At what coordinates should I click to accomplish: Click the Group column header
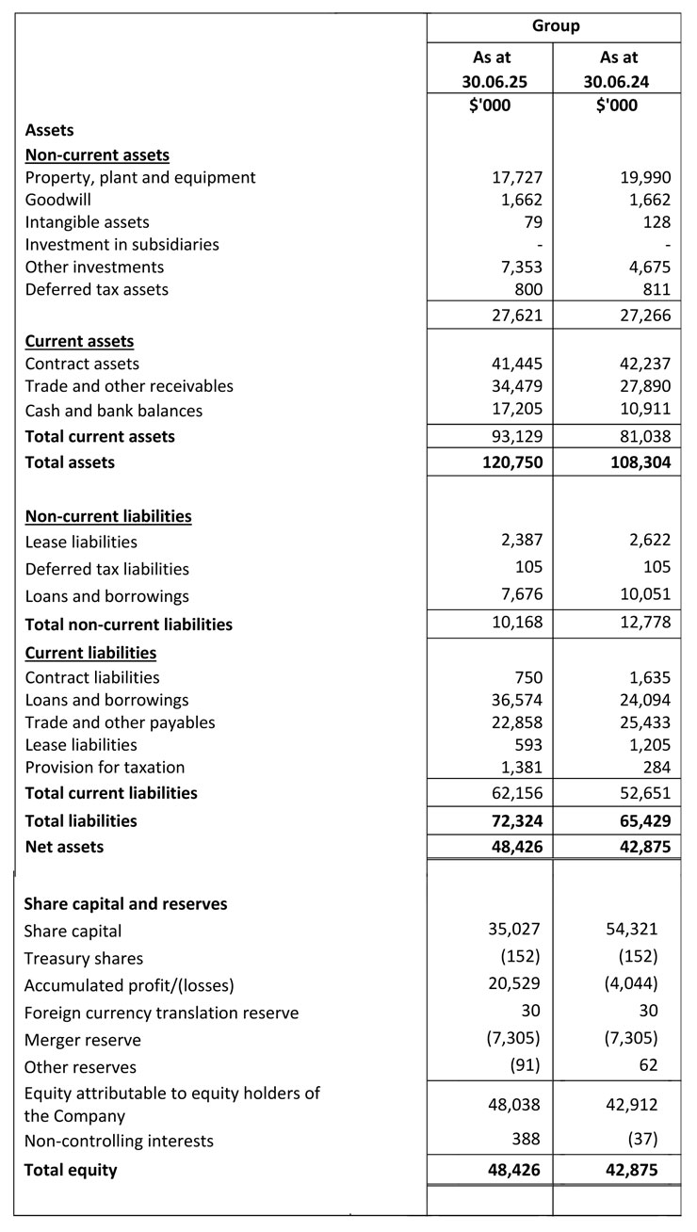point(555,26)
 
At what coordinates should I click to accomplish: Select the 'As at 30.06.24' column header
point(616,70)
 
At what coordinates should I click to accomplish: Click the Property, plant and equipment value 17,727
point(518,177)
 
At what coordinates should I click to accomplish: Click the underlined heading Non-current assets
point(97,154)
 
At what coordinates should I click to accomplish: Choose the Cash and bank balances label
point(113,411)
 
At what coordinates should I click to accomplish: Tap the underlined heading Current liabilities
point(90,653)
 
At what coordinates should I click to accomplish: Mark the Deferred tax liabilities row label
point(106,569)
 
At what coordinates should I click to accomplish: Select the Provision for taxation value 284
point(656,767)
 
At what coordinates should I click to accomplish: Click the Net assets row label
point(64,847)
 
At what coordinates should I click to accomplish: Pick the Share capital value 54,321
point(633,930)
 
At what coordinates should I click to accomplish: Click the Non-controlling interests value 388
point(527,1141)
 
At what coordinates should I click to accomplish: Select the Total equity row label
point(71,1171)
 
